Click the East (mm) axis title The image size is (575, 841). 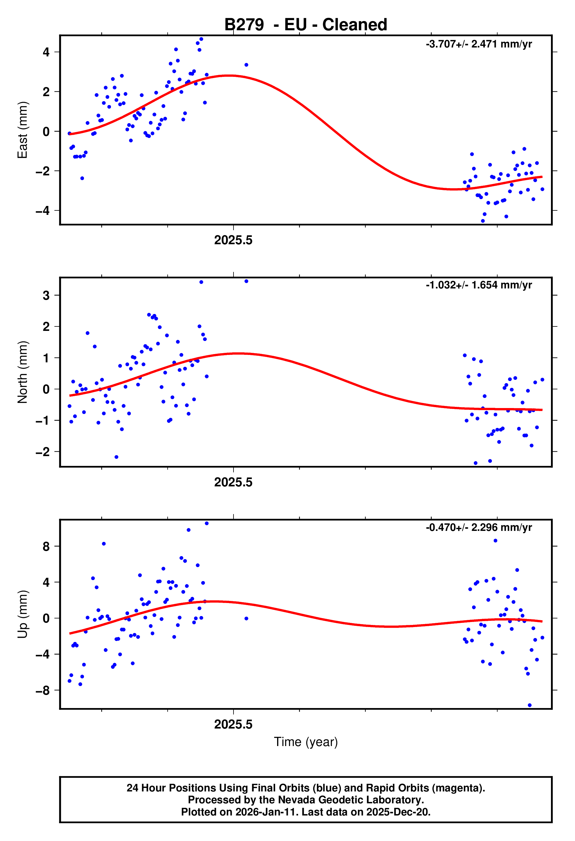point(23,130)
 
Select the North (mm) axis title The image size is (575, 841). point(23,372)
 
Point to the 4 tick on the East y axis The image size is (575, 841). point(46,52)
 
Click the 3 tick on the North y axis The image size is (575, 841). point(46,295)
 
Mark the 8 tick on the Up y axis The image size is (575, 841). point(46,546)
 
